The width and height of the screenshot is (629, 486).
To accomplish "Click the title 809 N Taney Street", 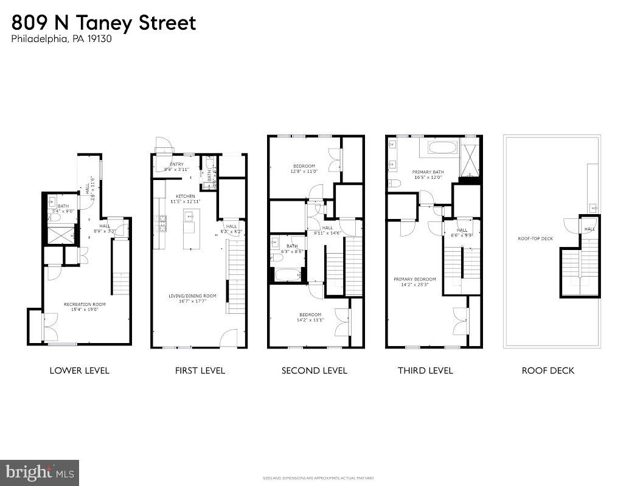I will point(103,23).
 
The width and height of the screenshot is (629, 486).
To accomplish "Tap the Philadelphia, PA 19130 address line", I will point(61,40).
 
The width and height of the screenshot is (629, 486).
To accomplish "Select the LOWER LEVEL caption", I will point(80,370).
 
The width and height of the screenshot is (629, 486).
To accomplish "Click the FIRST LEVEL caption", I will point(200,370).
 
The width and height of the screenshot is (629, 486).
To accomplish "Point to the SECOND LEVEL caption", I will point(314,370).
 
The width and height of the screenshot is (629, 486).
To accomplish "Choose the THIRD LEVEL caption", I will point(425,370).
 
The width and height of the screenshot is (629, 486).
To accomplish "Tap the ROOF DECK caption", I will point(547,370).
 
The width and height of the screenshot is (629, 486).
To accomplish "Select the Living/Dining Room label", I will point(192,296).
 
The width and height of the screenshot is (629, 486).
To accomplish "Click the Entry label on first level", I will point(177,164).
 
